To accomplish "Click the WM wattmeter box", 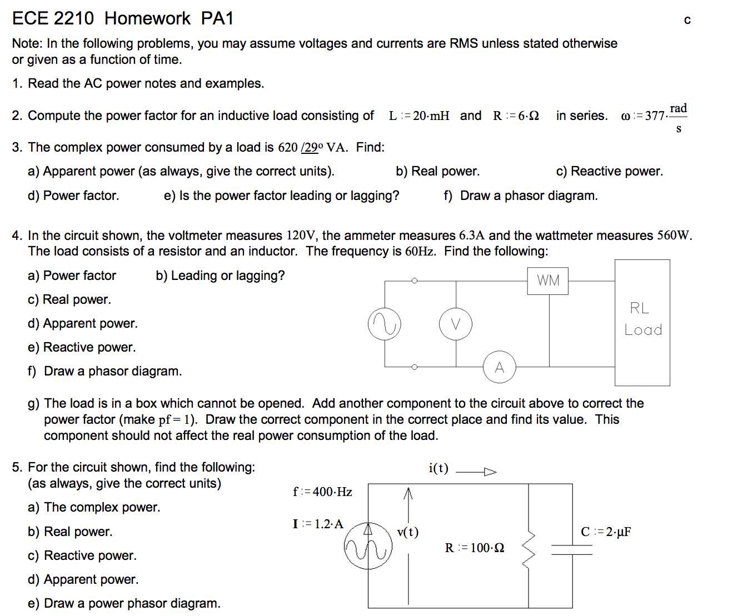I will (548, 281).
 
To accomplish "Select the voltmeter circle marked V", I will (456, 324).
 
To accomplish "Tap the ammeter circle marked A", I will (499, 367).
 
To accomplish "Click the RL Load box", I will (642, 322).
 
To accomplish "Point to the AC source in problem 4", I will (385, 324).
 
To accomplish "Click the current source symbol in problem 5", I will (368, 545).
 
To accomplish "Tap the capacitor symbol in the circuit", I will (572, 550).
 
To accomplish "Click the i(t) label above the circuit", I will (438, 468).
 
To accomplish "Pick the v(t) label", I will (408, 532).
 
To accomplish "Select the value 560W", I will (674, 236).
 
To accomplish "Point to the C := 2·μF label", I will (606, 532).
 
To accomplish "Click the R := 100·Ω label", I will (475, 548).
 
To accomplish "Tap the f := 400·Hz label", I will (322, 492).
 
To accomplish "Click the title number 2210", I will (74, 18).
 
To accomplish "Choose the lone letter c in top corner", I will (687, 21).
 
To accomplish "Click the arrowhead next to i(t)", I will (490, 472).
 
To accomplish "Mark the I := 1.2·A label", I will (318, 524).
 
